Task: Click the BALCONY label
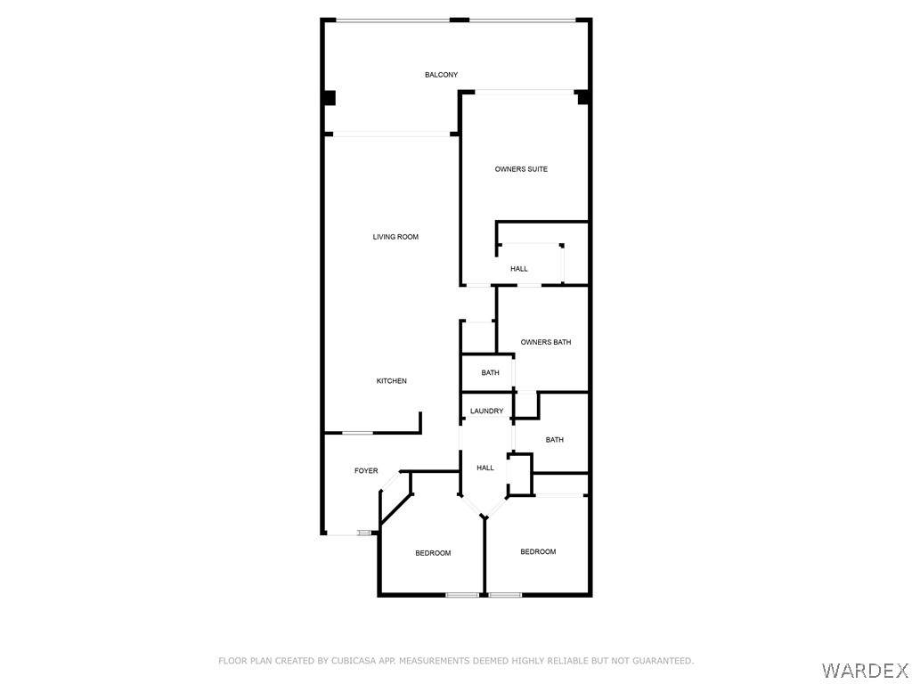[x=441, y=75]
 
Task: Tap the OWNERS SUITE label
[x=521, y=169]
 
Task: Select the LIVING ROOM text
[x=395, y=237]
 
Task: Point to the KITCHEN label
[x=392, y=381]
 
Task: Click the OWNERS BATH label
[x=546, y=342]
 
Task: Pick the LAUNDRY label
[x=487, y=411]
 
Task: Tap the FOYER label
[x=366, y=470]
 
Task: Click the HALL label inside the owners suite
[x=519, y=269]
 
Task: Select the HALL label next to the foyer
[x=485, y=468]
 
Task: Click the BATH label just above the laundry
[x=491, y=373]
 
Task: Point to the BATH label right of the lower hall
[x=554, y=440]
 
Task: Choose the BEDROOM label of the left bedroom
[x=433, y=553]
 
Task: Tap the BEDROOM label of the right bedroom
[x=538, y=551]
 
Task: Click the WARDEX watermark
[x=864, y=671]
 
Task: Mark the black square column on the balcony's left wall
[x=330, y=98]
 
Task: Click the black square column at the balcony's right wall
[x=582, y=98]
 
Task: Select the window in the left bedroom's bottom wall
[x=462, y=595]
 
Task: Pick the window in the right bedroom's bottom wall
[x=505, y=595]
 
